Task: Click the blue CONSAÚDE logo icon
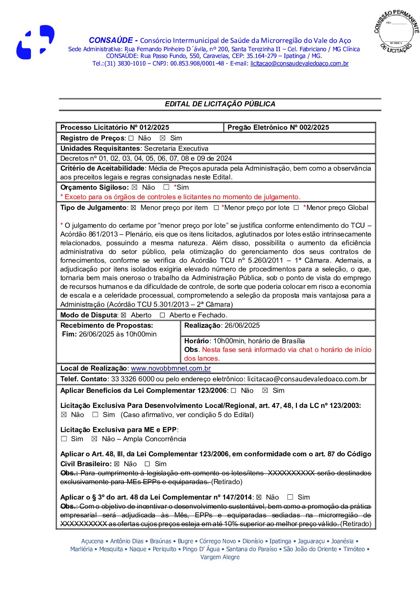35,42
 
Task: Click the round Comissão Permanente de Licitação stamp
396,32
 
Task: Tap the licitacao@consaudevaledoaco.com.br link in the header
299,63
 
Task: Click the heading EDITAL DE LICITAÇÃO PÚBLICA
220,104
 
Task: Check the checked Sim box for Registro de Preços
162,138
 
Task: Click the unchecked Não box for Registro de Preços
131,138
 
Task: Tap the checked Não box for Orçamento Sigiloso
134,187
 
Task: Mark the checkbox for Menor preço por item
133,208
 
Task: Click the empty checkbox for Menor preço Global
296,208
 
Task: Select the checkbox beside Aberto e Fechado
162,315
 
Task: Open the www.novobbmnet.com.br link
171,368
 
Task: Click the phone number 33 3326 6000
133,379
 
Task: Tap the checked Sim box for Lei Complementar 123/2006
265,390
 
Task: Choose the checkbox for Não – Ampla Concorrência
94,439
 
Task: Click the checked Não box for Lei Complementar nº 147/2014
259,497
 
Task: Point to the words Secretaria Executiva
176,148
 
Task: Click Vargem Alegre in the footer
220,557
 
